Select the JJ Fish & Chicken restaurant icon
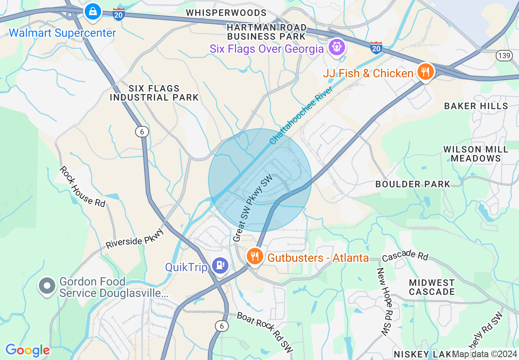[x=426, y=72]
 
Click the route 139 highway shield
[x=503, y=56]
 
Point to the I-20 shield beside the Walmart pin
[x=119, y=14]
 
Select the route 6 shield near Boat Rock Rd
[x=222, y=326]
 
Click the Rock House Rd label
[x=82, y=186]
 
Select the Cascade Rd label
[x=405, y=257]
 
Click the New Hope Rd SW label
[x=385, y=302]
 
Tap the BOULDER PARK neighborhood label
[x=413, y=184]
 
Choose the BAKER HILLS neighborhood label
[x=476, y=106]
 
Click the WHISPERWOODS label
[x=226, y=13]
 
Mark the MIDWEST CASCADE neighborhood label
[x=431, y=287]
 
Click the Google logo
[x=27, y=350]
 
